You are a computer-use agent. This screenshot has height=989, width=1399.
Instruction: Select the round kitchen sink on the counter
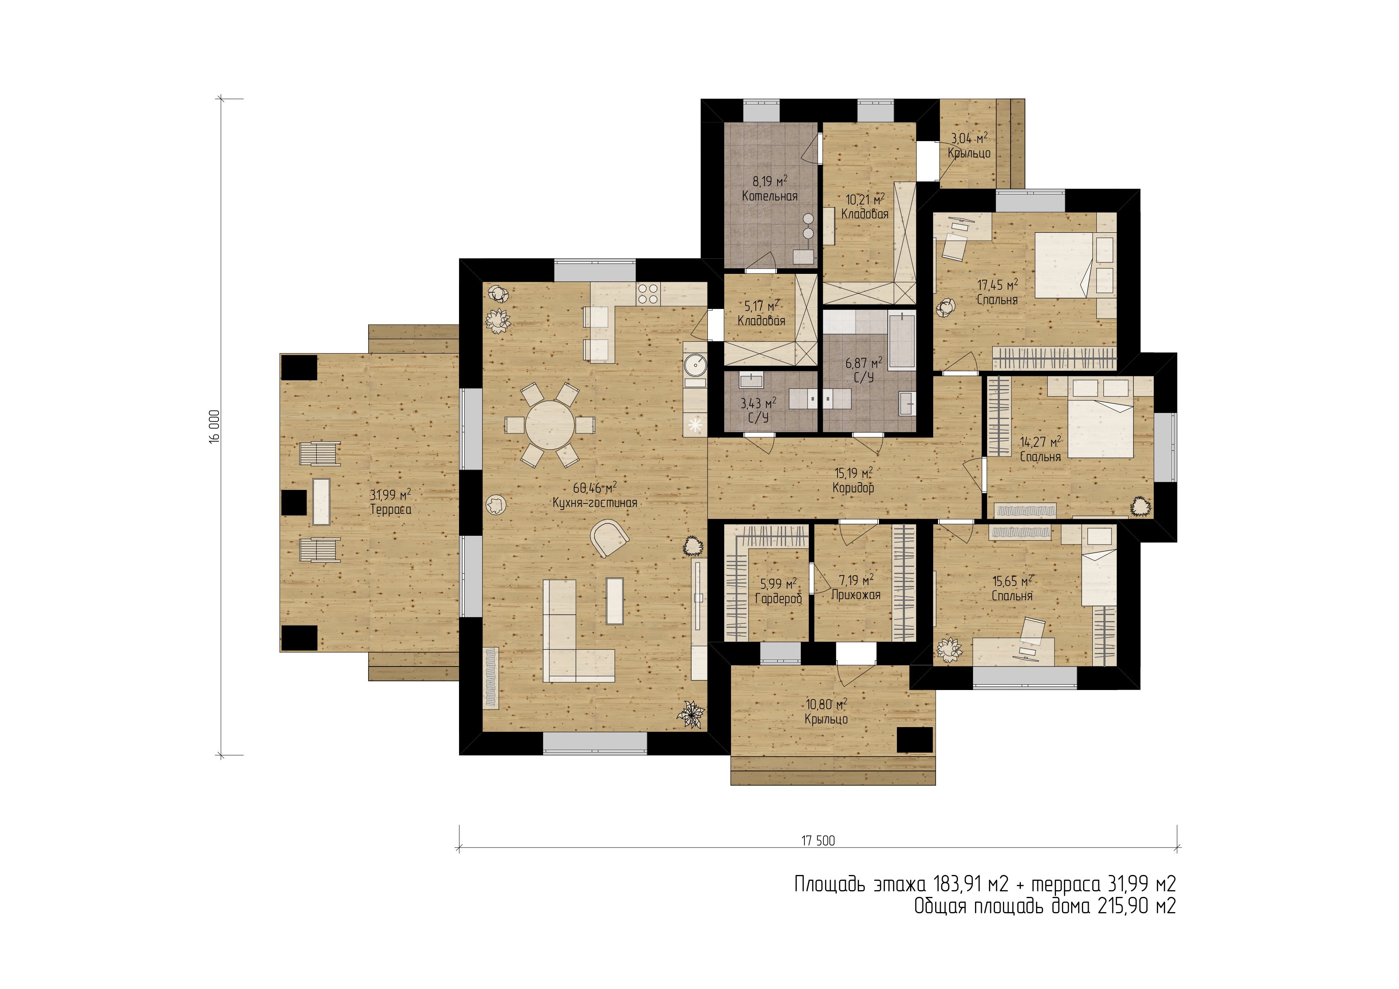pyautogui.click(x=695, y=366)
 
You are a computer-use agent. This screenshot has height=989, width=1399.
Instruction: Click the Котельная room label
pyautogui.click(x=770, y=196)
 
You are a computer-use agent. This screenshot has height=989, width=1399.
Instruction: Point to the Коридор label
pyautogui.click(x=853, y=488)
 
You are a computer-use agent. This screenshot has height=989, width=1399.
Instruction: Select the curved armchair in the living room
pyautogui.click(x=609, y=537)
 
